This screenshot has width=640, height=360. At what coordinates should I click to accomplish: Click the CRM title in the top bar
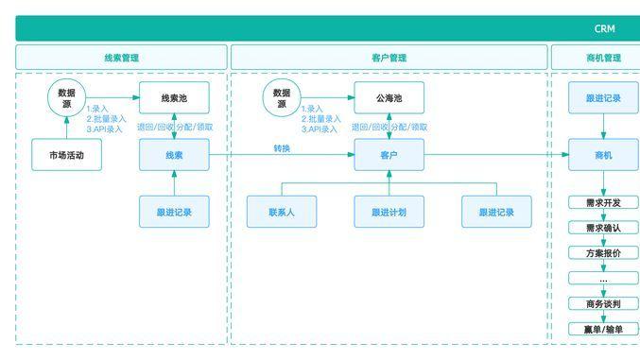pos(604,29)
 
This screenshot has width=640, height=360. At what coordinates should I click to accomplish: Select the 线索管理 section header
pos(121,58)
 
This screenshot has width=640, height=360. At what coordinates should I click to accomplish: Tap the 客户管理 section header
pos(389,58)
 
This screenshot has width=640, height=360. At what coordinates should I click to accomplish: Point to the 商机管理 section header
pos(603,58)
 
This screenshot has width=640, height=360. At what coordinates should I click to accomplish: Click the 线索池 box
pos(174,98)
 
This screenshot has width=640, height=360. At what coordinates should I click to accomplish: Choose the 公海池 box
pos(389,98)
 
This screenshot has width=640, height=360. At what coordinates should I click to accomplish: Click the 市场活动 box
pos(66,155)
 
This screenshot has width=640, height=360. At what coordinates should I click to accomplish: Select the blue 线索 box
pos(174,155)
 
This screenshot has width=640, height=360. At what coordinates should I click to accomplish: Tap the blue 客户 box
pos(389,155)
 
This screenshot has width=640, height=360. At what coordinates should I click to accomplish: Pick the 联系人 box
pos(281,213)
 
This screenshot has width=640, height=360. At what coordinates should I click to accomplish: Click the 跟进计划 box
pos(389,213)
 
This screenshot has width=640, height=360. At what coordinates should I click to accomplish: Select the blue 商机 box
pos(603,155)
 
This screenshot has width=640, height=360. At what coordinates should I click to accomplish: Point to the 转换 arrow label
pos(282,148)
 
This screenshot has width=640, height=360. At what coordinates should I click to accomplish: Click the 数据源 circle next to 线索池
pos(66,98)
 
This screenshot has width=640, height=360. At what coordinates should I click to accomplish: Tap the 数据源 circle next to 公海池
pos(281,98)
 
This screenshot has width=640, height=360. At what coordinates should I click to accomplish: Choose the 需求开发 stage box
pos(603,202)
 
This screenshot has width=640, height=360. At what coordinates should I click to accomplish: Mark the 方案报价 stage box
pos(603,252)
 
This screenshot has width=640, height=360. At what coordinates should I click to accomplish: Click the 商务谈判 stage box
pos(603,303)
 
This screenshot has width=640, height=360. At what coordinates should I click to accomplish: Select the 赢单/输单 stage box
pos(603,329)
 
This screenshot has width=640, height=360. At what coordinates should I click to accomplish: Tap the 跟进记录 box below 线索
pos(174,213)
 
